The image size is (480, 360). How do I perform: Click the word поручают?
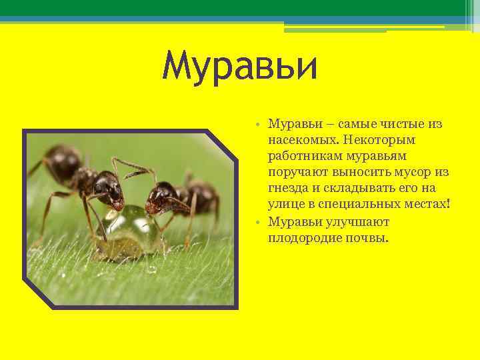click(x=296, y=173)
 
